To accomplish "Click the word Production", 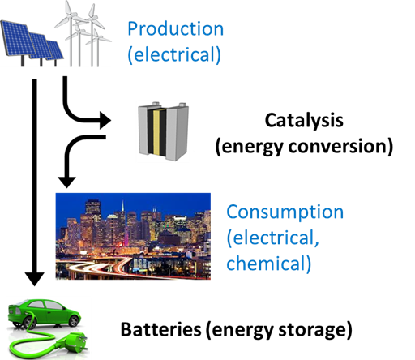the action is tap(176, 28).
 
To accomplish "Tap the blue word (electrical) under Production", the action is tap(174, 55).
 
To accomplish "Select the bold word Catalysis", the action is tap(304, 121).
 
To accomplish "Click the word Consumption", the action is tap(285, 212).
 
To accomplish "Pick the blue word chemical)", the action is tap(269, 263).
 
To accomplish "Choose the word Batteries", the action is tap(160, 329).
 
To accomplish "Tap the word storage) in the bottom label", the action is tap(315, 330).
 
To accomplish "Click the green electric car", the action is tap(44, 313).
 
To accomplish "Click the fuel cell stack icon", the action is tap(163, 131).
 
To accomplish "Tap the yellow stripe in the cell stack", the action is tap(156, 133).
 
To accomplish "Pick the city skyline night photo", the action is tap(133, 236).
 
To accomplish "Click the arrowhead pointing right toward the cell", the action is tap(105, 120).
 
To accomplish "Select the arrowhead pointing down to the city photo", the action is tap(66, 182).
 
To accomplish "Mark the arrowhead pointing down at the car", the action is tap(35, 279).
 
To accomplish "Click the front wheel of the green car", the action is tap(73, 320).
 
